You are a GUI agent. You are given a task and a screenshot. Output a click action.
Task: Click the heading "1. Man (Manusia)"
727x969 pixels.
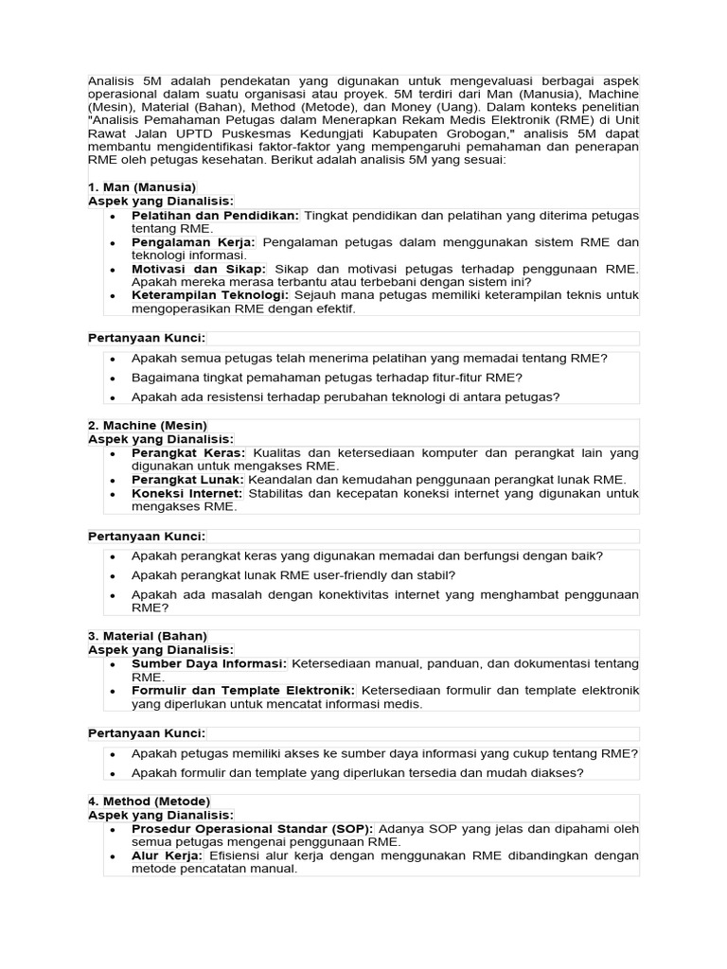pos(142,187)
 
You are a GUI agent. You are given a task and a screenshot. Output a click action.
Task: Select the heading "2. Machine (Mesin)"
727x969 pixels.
pos(147,426)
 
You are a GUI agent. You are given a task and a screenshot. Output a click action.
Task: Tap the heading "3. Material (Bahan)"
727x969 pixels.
pos(147,636)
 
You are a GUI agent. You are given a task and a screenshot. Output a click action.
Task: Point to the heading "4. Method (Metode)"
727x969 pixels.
pos(149,802)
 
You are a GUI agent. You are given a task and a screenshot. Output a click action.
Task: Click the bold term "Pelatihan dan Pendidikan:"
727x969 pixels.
pos(216,216)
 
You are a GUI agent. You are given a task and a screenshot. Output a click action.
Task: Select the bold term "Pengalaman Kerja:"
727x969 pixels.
pos(194,242)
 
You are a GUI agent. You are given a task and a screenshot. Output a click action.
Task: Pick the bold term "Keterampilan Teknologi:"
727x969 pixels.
pos(207,295)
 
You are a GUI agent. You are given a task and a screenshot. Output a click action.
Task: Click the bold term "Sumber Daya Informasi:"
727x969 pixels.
pos(210,663)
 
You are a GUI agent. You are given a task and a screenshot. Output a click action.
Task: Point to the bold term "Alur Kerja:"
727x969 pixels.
pos(168,855)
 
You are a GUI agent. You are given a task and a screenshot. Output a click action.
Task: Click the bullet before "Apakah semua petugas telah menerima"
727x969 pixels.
pos(113,359)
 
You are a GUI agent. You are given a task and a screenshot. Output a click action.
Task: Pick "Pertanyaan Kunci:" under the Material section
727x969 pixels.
pos(147,733)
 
